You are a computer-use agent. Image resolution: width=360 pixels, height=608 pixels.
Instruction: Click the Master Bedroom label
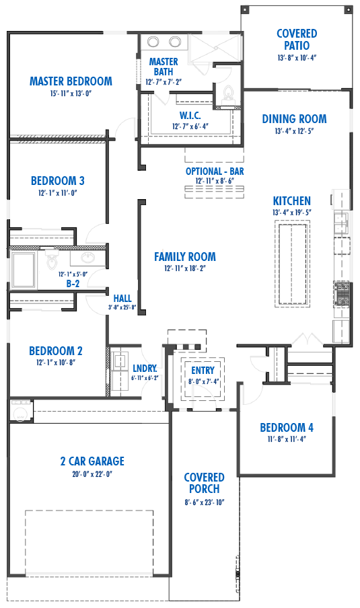[x=71, y=81]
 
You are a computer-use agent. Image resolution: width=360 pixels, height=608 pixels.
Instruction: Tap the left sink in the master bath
[x=153, y=42]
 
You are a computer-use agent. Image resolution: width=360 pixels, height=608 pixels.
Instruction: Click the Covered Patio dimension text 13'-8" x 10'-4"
[x=297, y=58]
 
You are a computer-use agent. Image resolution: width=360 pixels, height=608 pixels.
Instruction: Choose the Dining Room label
[x=294, y=119]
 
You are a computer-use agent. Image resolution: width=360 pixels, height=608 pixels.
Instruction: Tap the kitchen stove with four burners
[x=341, y=293]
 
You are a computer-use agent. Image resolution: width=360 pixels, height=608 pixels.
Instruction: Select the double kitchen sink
[x=341, y=220]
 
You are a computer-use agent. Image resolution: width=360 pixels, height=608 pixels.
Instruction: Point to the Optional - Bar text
[x=215, y=172]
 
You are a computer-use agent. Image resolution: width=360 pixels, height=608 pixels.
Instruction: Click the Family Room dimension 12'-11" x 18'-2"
[x=185, y=268]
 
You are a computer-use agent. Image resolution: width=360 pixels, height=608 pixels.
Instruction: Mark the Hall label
[x=122, y=298]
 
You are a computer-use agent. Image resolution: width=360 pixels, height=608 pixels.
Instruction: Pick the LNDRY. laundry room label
[x=145, y=368]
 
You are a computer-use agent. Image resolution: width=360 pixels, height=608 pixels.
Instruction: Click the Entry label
[x=203, y=370]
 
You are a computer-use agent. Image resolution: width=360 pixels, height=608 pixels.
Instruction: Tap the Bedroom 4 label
[x=287, y=427]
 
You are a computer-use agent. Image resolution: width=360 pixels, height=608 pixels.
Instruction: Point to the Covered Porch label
[x=204, y=484]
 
